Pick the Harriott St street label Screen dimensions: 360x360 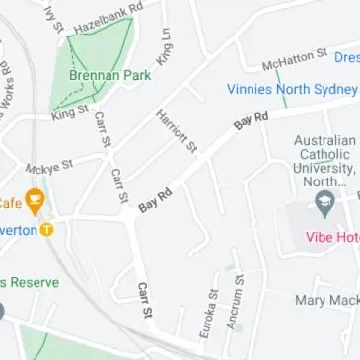click(179, 131)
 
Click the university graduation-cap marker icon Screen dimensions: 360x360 click(324, 204)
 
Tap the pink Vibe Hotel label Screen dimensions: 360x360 click(331, 238)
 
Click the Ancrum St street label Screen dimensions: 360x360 click(236, 309)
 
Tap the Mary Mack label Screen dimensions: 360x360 click(326, 299)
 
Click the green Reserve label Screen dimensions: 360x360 click(30, 282)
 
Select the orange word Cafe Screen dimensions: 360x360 click(9, 203)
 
